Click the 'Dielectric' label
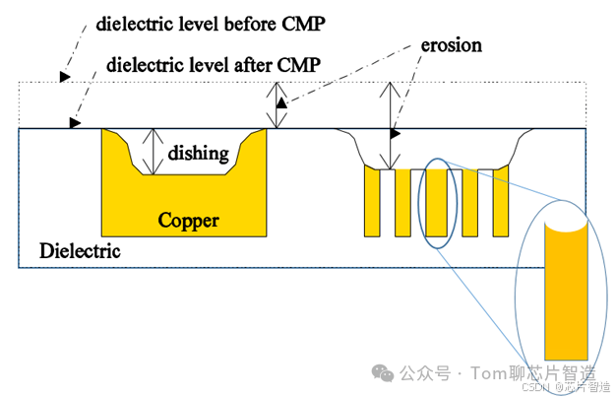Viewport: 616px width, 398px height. pyautogui.click(x=80, y=250)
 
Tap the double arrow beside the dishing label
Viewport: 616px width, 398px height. pyautogui.click(x=151, y=152)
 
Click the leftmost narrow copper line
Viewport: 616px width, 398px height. pyautogui.click(x=371, y=202)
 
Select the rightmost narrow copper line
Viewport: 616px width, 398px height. pyautogui.click(x=499, y=202)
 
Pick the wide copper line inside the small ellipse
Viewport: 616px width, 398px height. pyautogui.click(x=436, y=202)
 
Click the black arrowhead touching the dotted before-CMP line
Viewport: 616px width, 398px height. pyautogui.click(x=65, y=75)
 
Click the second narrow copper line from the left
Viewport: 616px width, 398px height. pyautogui.click(x=402, y=202)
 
